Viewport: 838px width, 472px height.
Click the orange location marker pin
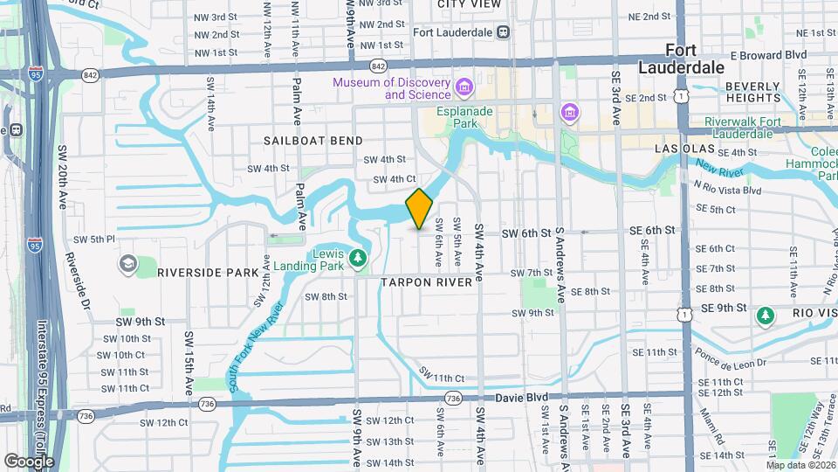tap(419, 209)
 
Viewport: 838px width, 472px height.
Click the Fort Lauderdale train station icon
tap(504, 32)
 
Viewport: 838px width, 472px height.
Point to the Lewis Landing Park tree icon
tap(356, 258)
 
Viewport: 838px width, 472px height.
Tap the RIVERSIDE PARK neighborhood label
tap(208, 273)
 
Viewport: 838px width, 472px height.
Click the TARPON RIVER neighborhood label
tap(426, 282)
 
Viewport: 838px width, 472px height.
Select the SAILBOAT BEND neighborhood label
tap(313, 140)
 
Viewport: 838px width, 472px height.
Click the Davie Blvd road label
tap(550, 398)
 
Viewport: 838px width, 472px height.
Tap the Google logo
tap(29, 461)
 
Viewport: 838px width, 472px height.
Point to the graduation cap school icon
tap(127, 263)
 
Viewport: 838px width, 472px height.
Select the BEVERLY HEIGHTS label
tap(752, 92)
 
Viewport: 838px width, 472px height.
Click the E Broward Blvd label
tap(768, 54)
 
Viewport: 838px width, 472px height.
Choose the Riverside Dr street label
tap(79, 281)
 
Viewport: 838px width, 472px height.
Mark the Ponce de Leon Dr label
tap(731, 357)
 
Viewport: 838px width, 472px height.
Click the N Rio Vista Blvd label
tap(727, 190)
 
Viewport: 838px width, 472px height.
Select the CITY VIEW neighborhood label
tap(470, 4)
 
